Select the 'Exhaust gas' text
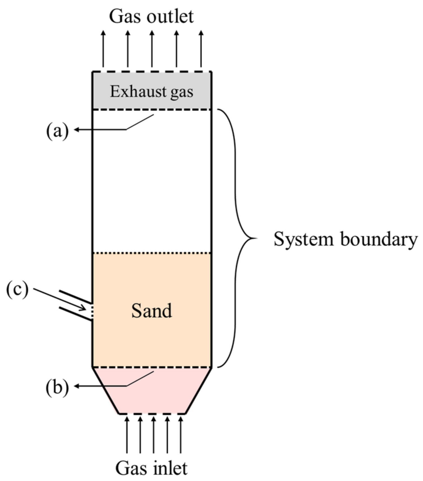pos(152,92)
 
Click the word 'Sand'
pos(152,311)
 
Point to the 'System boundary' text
pos(345,239)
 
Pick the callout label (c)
pos(17,290)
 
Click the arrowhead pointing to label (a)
pos(76,130)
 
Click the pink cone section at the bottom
pos(152,394)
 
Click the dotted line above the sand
pos(152,253)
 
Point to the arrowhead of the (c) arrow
pos(84,309)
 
